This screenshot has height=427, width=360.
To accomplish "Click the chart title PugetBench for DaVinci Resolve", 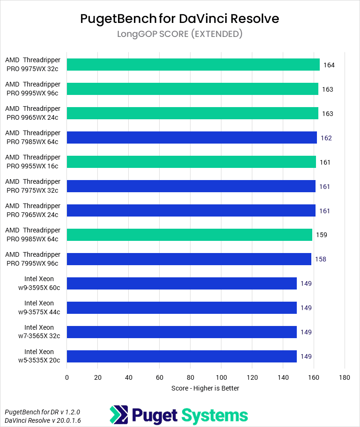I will coord(180,18).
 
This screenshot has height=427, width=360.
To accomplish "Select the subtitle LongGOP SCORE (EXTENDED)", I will coord(180,34).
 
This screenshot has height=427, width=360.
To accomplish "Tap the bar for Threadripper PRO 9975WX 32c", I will coord(193,65).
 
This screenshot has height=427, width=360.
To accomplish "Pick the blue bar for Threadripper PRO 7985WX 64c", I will coord(191,138).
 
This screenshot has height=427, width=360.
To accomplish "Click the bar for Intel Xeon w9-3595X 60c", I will coord(182,283).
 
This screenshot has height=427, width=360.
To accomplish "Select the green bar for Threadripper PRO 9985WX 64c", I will coord(189,235).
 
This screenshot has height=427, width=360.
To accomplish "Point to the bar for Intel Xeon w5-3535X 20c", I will coord(182,356).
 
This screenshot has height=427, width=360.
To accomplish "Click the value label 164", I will coord(329,65).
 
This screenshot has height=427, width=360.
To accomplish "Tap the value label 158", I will coord(321,259).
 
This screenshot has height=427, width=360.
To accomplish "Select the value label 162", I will coord(326,138).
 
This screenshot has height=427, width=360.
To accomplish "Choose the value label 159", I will coord(322,235).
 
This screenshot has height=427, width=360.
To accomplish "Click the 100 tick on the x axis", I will coord(221,377).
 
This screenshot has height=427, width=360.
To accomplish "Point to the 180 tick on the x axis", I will coord(345,377).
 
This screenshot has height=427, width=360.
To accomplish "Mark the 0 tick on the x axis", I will coord(67,377).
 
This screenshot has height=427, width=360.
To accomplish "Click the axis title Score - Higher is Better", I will coord(206,388).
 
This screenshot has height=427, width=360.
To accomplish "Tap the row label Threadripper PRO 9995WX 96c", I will coord(33,89).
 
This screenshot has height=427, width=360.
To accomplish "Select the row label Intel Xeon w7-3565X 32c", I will coord(39,332).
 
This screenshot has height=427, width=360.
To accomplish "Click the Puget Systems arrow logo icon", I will coord(118,415).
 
